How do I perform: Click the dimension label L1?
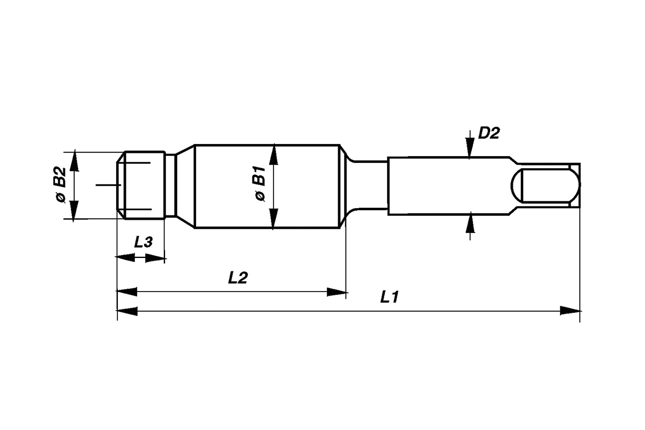[x=390, y=297]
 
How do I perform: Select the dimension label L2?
[x=237, y=278]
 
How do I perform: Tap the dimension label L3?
[x=143, y=243]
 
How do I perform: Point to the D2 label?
[x=489, y=133]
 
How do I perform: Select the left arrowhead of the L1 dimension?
[x=127, y=310]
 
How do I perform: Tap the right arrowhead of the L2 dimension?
[x=336, y=292]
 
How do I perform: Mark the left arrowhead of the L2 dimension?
[x=127, y=292]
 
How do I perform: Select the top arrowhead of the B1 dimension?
[x=273, y=155]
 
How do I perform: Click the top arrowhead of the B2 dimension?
[x=74, y=162]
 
